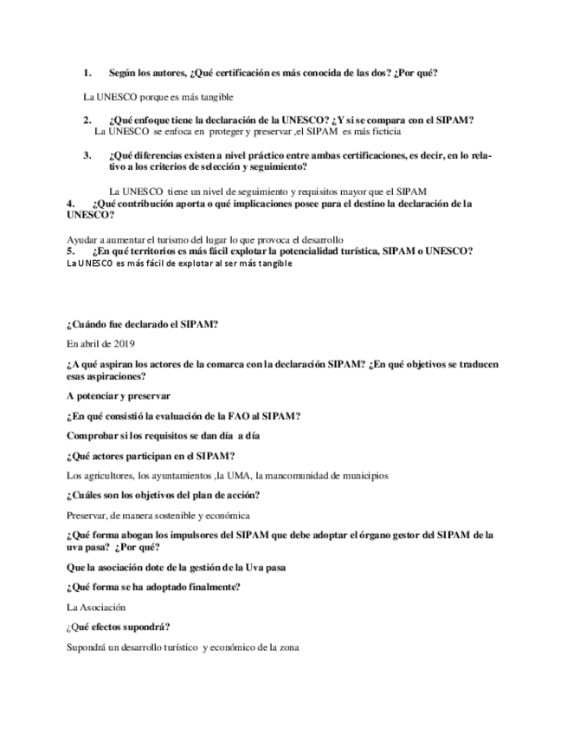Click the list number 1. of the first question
(87, 73)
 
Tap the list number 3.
(87, 155)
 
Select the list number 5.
(72, 250)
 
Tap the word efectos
(116, 627)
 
